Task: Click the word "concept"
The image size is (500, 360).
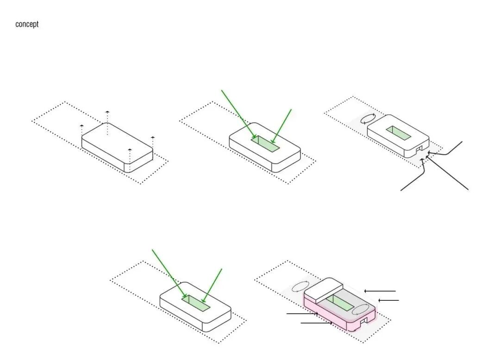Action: (27, 24)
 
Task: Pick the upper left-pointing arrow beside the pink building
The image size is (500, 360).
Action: (380, 291)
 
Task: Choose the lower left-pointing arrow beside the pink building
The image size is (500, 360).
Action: (388, 300)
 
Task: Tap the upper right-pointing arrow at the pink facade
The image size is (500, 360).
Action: (302, 314)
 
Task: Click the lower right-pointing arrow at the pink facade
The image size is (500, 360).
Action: (317, 323)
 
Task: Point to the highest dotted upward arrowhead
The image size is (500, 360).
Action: (107, 112)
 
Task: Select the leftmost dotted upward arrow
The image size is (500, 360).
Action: (81, 130)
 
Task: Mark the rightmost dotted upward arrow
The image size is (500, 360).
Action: (153, 144)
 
